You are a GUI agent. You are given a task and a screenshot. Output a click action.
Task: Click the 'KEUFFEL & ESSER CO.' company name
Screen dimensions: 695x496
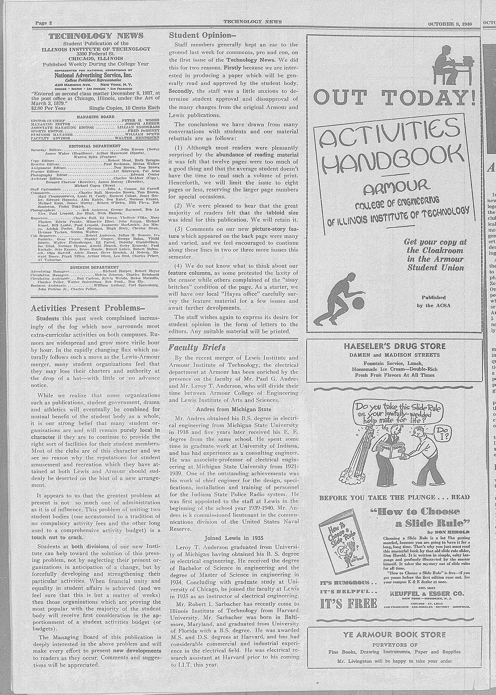point(426,576)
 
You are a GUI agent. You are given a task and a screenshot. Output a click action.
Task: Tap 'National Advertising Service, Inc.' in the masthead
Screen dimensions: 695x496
point(93,75)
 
